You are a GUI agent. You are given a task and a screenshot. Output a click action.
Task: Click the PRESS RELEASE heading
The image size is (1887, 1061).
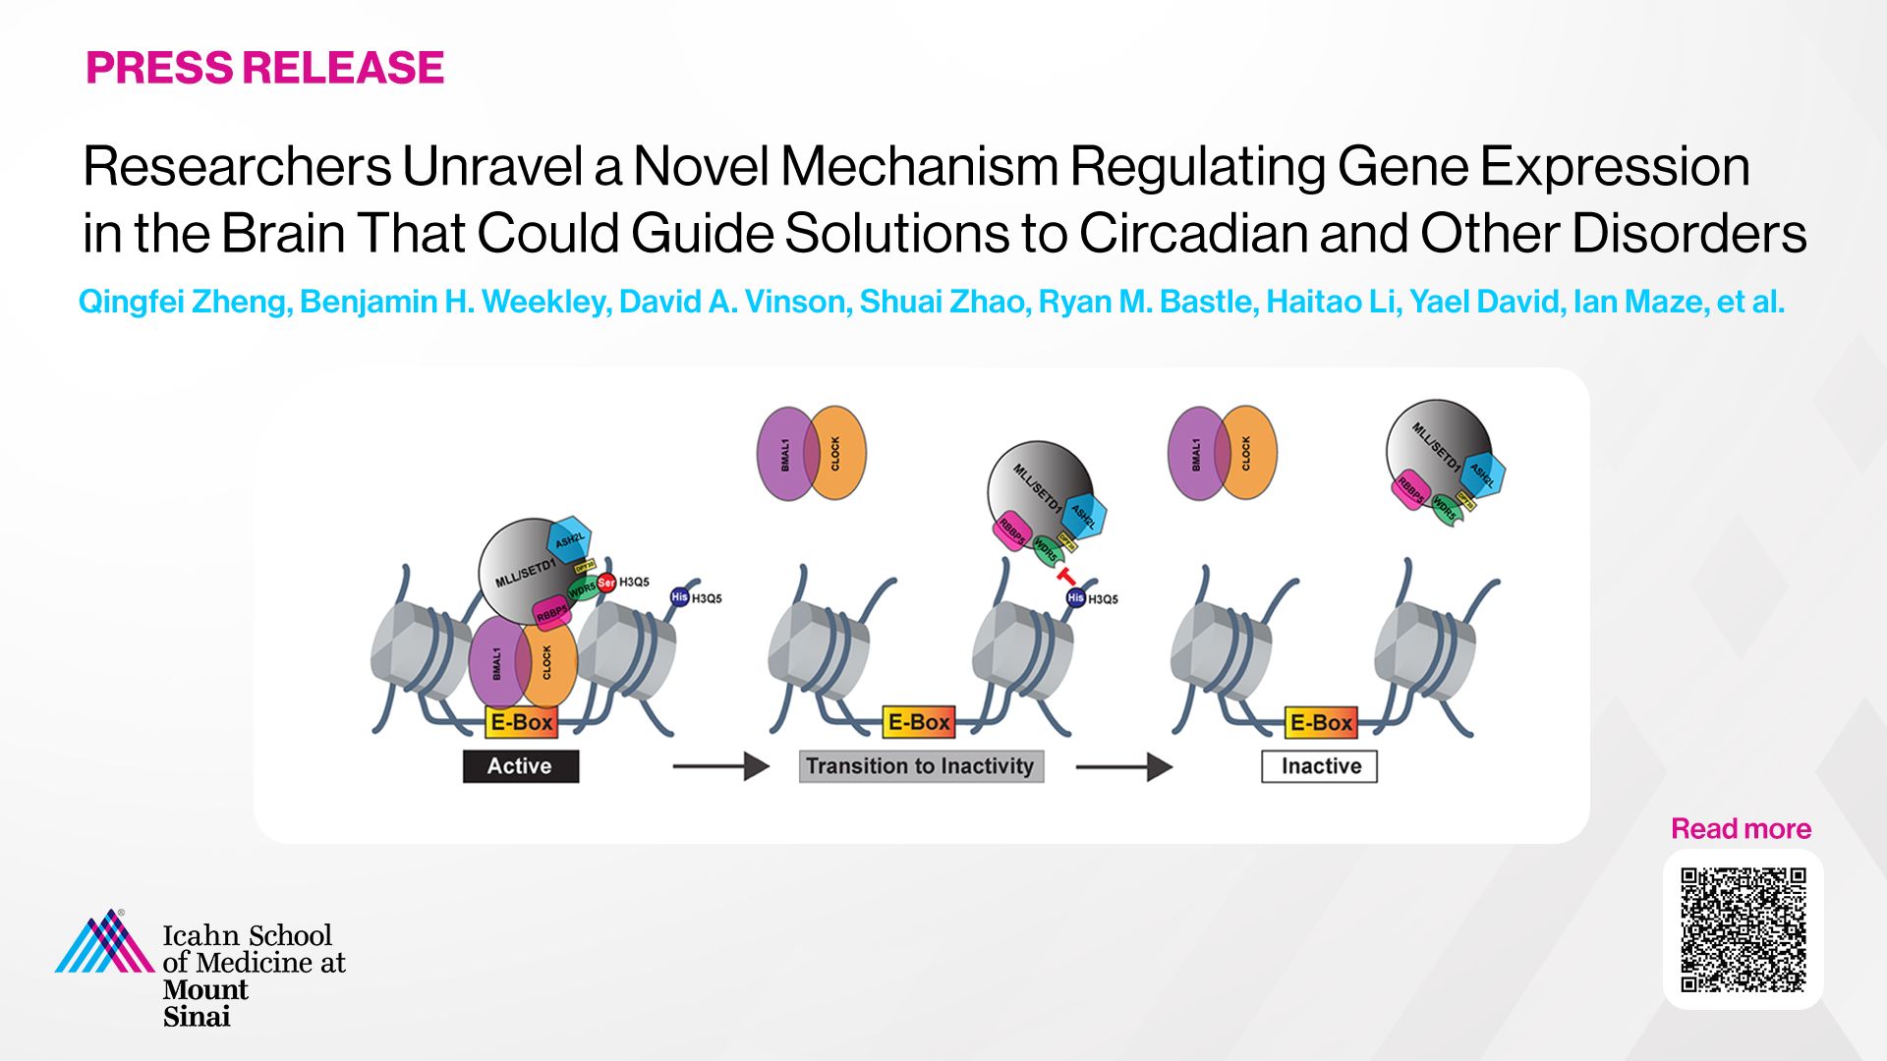264,68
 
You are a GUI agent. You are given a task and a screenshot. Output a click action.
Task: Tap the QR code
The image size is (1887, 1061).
1743,929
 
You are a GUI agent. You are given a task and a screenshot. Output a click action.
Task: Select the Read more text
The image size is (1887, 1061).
1741,828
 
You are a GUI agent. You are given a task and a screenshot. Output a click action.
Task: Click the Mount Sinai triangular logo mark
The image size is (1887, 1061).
104,943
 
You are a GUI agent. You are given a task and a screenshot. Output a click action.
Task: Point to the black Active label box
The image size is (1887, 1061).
520,766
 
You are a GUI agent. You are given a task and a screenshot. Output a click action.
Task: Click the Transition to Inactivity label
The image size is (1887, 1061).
920,766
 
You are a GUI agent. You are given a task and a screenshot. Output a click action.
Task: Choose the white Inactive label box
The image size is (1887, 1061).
1319,766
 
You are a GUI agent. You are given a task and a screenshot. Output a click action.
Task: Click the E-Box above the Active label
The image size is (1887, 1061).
521,722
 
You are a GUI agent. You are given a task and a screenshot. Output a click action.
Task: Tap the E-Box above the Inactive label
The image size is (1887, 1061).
1321,722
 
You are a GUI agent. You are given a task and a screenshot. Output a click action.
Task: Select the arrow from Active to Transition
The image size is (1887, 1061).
720,766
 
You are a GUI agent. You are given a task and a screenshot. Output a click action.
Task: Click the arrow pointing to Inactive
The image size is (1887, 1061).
1123,766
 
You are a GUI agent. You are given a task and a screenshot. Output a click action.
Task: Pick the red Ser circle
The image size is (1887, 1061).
606,583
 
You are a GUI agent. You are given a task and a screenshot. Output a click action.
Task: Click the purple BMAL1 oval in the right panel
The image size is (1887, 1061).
1197,453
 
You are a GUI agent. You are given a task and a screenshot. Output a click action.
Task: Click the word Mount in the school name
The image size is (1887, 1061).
205,989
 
